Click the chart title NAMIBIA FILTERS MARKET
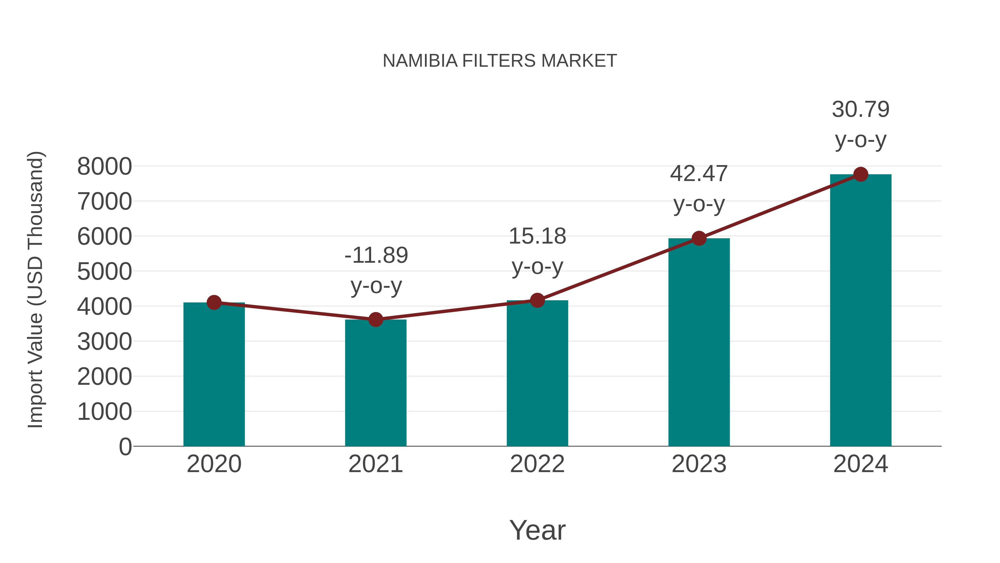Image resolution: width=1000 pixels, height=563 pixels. click(500, 61)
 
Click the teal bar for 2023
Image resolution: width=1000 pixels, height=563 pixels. click(699, 342)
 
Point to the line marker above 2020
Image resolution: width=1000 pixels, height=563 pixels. click(214, 302)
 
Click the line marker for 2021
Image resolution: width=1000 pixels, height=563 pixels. click(375, 320)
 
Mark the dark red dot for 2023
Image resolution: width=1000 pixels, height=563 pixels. click(699, 238)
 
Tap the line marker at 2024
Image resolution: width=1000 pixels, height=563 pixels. click(861, 174)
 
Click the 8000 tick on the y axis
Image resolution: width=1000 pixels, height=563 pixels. click(104, 167)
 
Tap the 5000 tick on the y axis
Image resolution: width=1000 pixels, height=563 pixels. click(104, 272)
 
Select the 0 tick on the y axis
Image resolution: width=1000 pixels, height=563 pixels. click(125, 447)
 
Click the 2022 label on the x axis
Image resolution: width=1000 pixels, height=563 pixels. click(537, 464)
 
